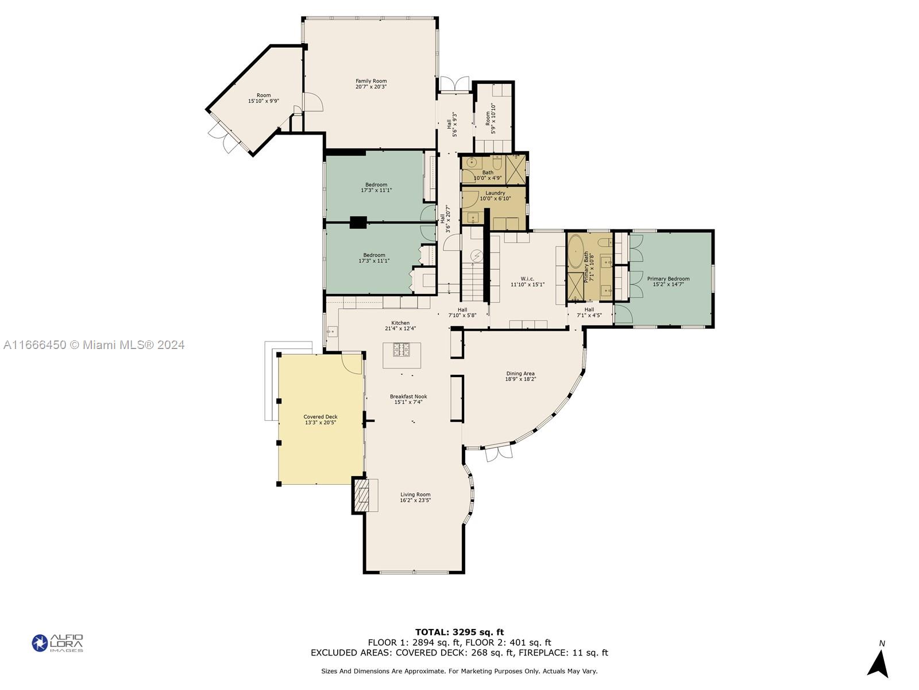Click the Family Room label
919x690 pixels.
tap(371, 81)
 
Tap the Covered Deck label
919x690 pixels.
tap(321, 416)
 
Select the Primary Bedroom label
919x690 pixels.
tap(668, 279)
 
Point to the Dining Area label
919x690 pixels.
tap(520, 373)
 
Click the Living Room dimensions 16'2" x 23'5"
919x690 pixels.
tap(415, 500)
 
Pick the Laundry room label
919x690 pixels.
tap(495, 193)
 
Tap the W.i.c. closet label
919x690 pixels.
tap(527, 279)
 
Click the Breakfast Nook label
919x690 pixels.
tap(408, 396)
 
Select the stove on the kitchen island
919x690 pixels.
tap(401, 350)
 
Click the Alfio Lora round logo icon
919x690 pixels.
tap(40, 643)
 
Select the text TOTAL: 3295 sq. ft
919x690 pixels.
tap(459, 632)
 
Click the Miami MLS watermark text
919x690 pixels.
tap(94, 345)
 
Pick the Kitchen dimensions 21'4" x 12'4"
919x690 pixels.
tap(400, 328)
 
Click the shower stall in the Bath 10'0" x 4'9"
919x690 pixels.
tap(515, 169)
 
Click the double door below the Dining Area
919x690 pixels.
tap(499, 453)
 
